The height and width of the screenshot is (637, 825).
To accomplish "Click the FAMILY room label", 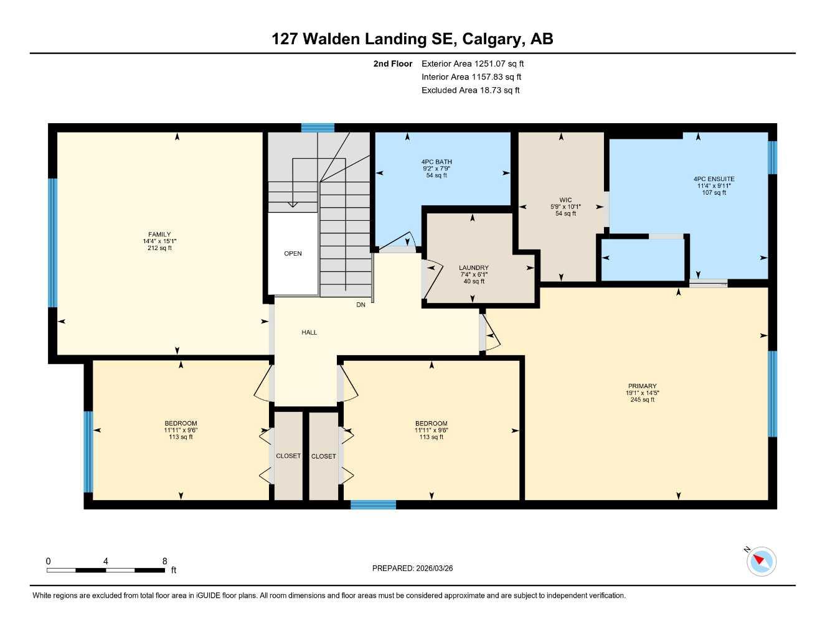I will pos(159,235).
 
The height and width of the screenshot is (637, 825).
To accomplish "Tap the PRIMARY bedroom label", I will pos(642,386).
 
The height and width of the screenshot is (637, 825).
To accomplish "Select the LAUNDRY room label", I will pos(474,268).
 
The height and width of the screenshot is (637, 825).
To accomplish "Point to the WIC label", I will pos(565,200).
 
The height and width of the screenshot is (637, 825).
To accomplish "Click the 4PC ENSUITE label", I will pos(714,179).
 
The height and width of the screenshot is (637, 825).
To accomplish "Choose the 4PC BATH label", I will pos(436,162).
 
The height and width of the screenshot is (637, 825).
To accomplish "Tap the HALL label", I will pos(309,333).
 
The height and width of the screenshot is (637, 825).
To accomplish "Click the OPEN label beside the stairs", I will pos(293,254).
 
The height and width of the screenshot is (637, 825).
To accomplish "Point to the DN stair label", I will pos(361,305).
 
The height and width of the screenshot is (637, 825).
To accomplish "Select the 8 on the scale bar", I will pos(165,561).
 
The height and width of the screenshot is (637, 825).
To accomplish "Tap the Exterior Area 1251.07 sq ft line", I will pos(473,63).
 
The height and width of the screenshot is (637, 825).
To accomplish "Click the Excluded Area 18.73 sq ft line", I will pos(470,90).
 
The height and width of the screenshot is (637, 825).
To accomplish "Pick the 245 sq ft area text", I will pos(642,400).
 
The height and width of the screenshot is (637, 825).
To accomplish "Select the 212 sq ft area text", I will pos(159,248).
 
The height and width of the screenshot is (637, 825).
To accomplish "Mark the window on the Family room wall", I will pos(53,243).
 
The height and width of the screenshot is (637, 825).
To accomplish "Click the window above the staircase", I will pos(318,128).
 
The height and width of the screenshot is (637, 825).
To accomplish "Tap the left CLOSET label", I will pos(288,456).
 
